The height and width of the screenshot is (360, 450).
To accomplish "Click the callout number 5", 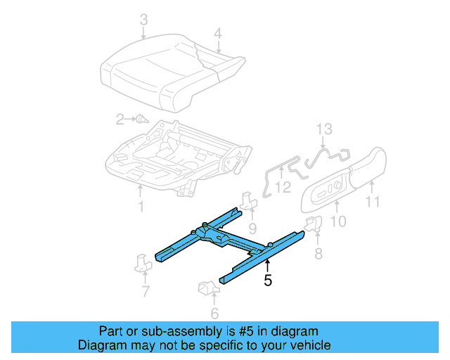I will coord(267,281).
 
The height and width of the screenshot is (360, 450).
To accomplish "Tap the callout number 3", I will coord(143,22).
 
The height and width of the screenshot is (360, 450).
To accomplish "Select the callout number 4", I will coord(218,33).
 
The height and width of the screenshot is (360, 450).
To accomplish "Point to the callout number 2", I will coord(120,118).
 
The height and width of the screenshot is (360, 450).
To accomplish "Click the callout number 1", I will coord(140,207).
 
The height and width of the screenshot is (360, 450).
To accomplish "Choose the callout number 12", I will coord(283,187).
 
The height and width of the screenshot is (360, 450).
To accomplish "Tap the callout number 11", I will coord(373,202).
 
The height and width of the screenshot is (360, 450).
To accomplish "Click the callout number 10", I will coord(338,222).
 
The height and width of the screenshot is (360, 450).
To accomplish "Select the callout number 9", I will coord(252,228).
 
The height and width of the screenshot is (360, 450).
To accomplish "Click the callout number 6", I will coord(214,314).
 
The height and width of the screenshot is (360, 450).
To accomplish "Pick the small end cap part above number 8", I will coord(313,224).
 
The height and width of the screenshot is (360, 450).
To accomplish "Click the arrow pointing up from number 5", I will coord(267,266).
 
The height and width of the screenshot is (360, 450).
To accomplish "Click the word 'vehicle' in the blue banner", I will coord(307,345).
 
